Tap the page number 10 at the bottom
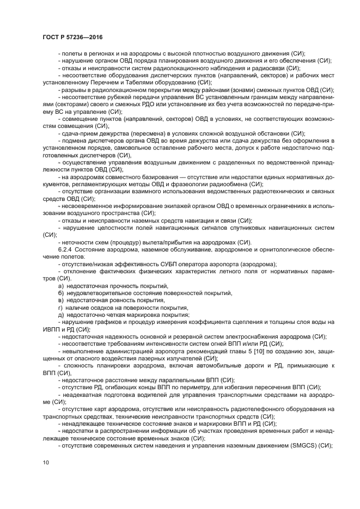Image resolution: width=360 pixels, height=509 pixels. (x=45, y=462)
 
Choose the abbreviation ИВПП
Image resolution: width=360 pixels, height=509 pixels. (x=51, y=330)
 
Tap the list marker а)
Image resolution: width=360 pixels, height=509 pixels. (x=60, y=285)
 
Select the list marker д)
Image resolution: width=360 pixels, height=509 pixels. (x=60, y=315)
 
